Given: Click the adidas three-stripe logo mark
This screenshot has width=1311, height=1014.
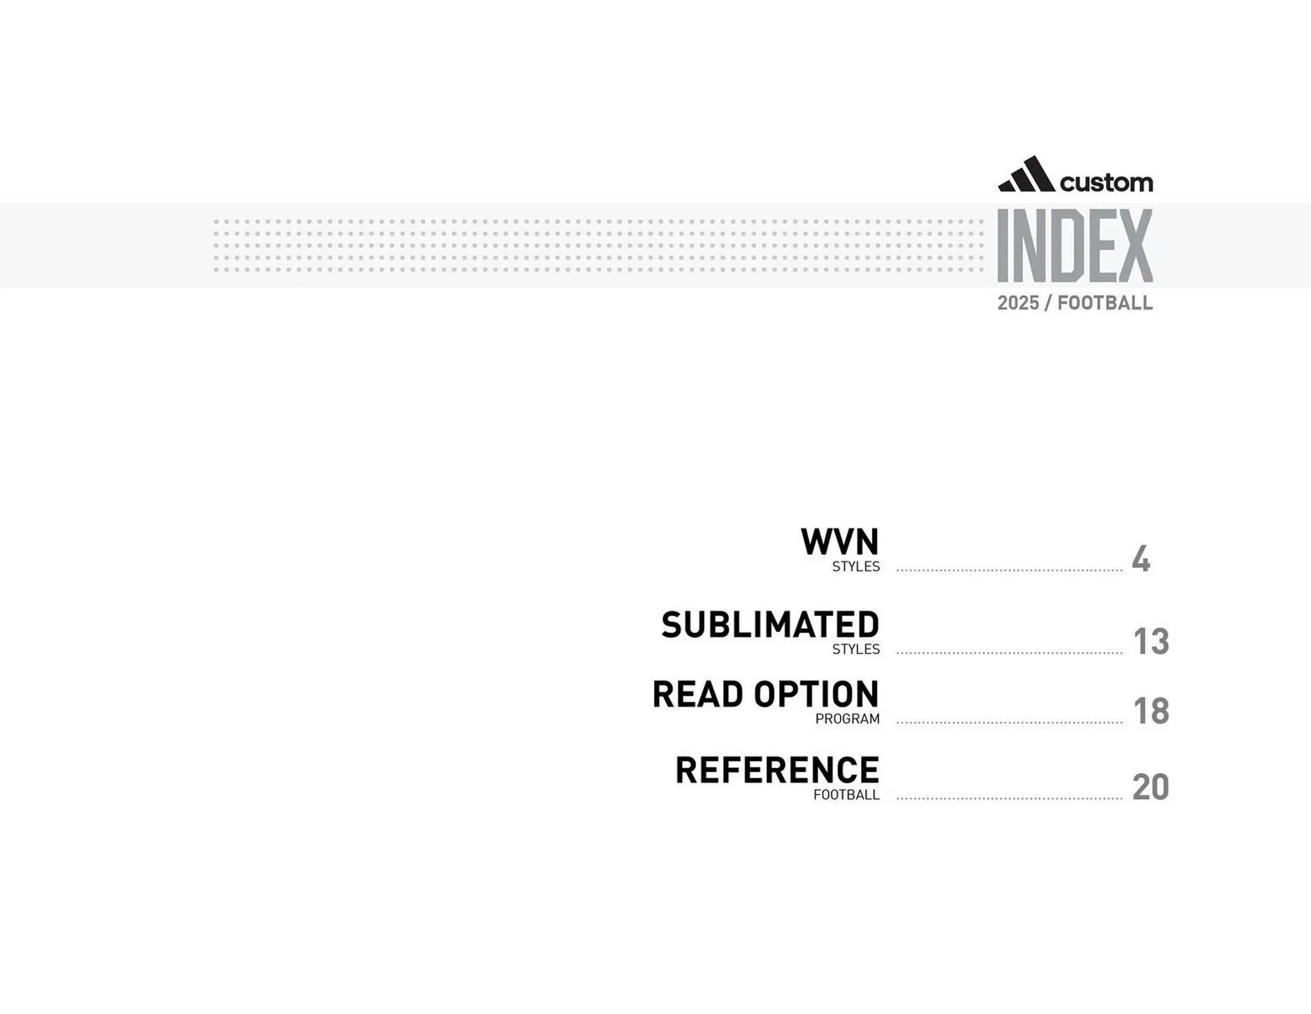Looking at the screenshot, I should tap(1026, 175).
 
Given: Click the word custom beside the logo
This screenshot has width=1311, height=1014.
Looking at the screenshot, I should tap(1106, 182).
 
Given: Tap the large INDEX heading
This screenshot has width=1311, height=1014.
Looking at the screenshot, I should tap(1075, 246).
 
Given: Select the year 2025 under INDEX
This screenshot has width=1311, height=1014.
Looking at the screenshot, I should tap(1018, 303).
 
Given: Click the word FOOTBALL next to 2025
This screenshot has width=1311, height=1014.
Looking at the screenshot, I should tap(1105, 303).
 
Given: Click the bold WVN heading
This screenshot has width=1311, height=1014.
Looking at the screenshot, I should tap(839, 542).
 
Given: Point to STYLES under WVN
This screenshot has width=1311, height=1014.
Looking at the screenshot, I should tap(856, 566).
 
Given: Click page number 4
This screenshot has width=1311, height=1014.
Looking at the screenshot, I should tap(1140, 559).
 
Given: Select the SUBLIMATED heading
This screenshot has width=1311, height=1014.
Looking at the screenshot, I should tap(770, 625).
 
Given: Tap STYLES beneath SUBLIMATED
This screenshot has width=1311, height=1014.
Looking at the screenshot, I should tap(856, 649).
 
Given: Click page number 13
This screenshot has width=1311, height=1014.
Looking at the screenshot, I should tap(1151, 642).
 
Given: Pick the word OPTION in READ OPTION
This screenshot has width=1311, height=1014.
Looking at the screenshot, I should tap(816, 694).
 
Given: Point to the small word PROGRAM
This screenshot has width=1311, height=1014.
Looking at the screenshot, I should tap(847, 719).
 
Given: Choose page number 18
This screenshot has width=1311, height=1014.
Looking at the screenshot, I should tap(1151, 711).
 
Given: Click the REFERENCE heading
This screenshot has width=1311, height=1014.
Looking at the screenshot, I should tap(777, 770).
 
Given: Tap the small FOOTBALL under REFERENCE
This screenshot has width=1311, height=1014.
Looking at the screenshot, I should tap(846, 795).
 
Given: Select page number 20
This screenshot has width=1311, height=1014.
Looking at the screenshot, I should tap(1151, 787).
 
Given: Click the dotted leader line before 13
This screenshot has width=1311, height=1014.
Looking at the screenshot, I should tap(1009, 653).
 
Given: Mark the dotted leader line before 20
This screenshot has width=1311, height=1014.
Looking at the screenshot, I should tap(1009, 798).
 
